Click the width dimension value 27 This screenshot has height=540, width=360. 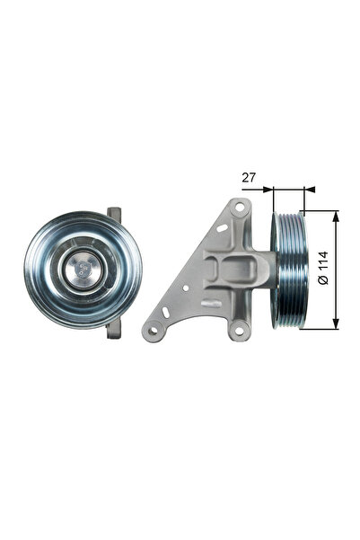[x=249, y=178]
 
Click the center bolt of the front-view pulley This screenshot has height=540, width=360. [x=82, y=269]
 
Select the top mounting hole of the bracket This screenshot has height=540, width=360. [x=238, y=208]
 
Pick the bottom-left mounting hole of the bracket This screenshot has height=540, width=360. [x=154, y=331]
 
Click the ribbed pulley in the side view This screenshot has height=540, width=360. [x=290, y=270]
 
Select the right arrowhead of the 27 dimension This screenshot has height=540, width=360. [x=311, y=190]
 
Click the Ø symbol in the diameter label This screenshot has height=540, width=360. [x=323, y=281]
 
